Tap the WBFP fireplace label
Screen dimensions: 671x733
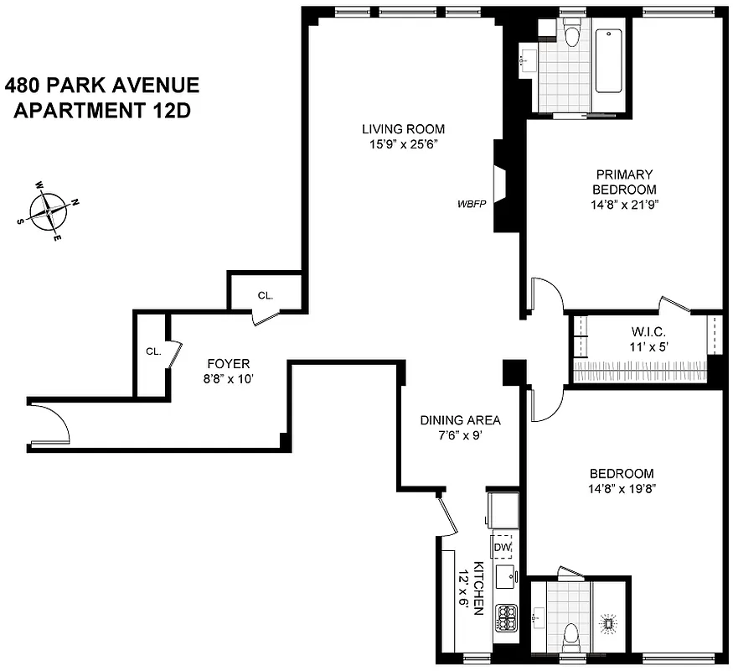pyautogui.click(x=472, y=203)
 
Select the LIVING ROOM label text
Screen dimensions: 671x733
pyautogui.click(x=403, y=129)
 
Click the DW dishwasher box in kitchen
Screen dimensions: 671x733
pyautogui.click(x=502, y=547)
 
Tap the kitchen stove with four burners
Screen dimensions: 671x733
pyautogui.click(x=505, y=619)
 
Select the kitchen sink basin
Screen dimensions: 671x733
pyautogui.click(x=505, y=578)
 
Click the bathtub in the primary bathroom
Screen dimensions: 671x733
pyautogui.click(x=608, y=62)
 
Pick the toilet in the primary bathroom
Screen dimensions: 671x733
pyautogui.click(x=572, y=34)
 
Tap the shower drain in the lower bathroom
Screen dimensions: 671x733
pyautogui.click(x=609, y=623)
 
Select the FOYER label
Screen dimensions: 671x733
pyautogui.click(x=228, y=364)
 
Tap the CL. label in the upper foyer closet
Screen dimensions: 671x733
pyautogui.click(x=265, y=296)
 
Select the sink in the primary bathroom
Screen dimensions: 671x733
pyautogui.click(x=529, y=61)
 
